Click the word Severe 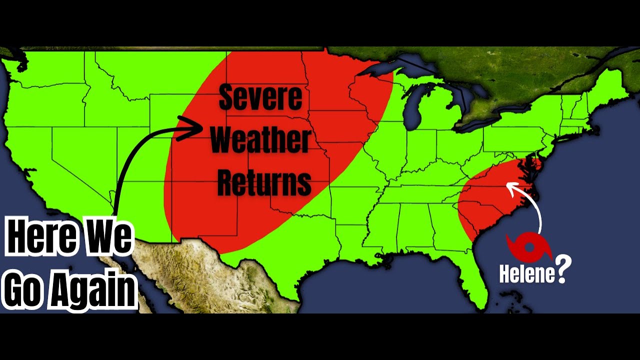click(x=260, y=97)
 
